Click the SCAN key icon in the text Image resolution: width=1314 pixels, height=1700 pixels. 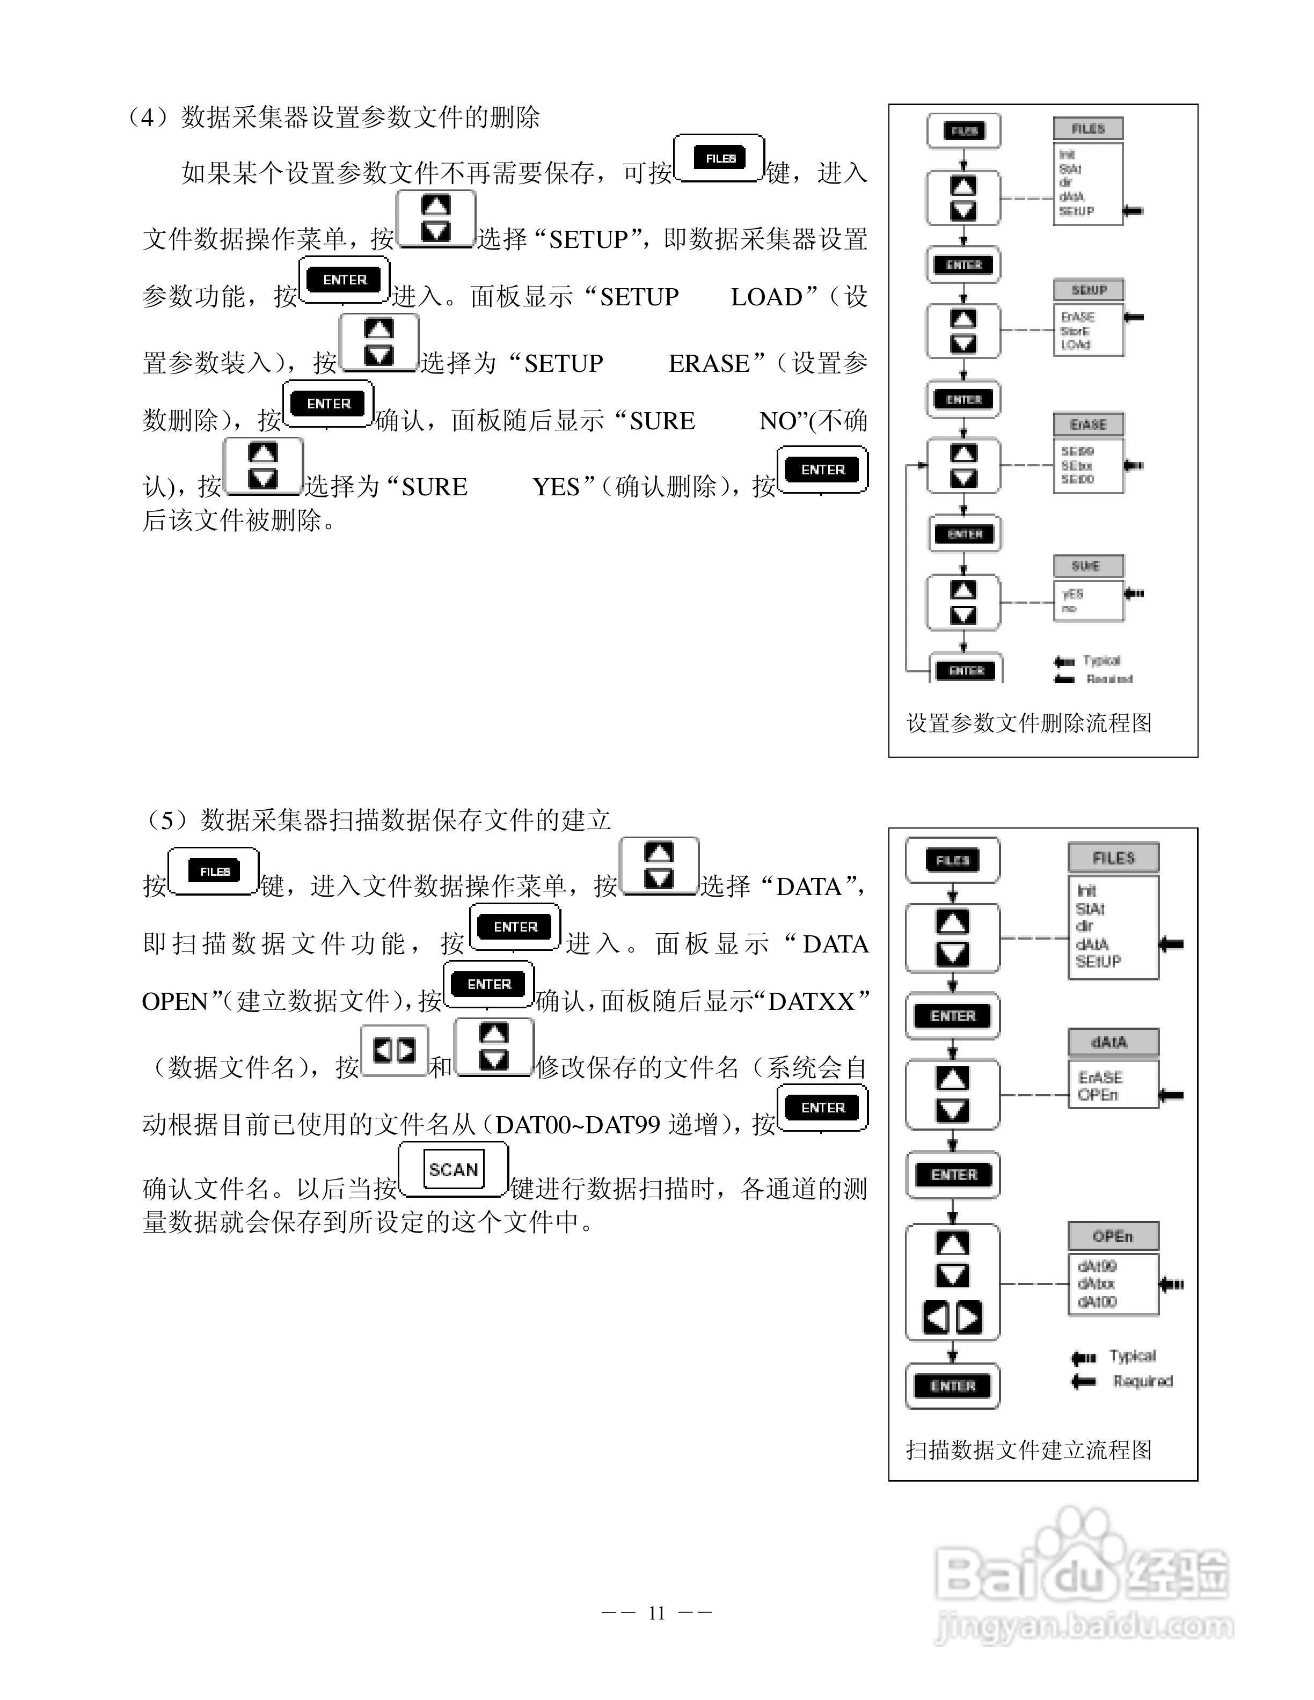[453, 1169]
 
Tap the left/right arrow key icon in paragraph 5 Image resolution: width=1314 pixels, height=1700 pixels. [395, 1051]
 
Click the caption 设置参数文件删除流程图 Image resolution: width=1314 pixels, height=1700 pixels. [1028, 723]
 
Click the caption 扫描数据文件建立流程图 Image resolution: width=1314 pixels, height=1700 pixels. [1028, 1449]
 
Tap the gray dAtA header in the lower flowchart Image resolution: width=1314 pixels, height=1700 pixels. [1112, 1042]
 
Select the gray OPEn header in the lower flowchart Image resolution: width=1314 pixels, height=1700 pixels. [1112, 1235]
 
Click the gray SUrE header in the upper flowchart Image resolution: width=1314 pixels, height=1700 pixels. [1088, 566]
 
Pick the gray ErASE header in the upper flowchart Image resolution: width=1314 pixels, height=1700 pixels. [1088, 424]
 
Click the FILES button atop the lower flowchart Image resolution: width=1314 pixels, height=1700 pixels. [952, 860]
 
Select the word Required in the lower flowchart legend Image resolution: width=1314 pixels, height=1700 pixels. [1142, 1381]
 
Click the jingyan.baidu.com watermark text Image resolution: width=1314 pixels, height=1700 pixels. [1084, 1625]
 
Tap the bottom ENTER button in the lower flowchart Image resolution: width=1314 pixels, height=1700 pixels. [952, 1386]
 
